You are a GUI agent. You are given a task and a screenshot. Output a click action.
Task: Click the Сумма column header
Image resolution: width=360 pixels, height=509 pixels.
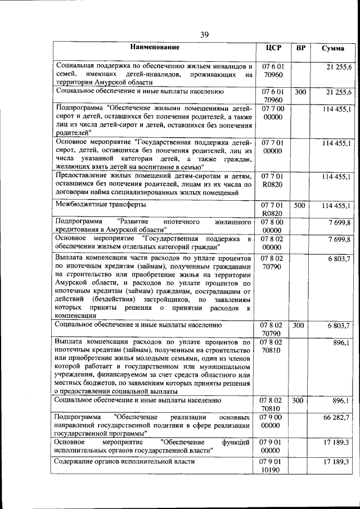point(333,48)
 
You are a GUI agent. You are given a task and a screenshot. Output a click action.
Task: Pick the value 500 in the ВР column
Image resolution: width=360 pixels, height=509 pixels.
point(300,206)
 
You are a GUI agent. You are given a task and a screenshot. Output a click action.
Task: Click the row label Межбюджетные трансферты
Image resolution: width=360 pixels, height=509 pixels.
point(92,205)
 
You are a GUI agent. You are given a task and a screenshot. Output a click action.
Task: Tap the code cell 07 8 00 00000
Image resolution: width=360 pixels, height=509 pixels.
point(273,227)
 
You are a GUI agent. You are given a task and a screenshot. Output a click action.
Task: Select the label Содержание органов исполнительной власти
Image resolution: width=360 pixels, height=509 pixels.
point(124,462)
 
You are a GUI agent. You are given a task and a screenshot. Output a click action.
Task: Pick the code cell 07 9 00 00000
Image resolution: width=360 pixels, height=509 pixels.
point(273,422)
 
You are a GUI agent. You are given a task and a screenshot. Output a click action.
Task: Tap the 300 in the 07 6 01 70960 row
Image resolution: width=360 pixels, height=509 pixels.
point(300,91)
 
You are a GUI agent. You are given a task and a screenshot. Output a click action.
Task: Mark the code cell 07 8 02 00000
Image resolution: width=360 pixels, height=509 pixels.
point(273,243)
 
